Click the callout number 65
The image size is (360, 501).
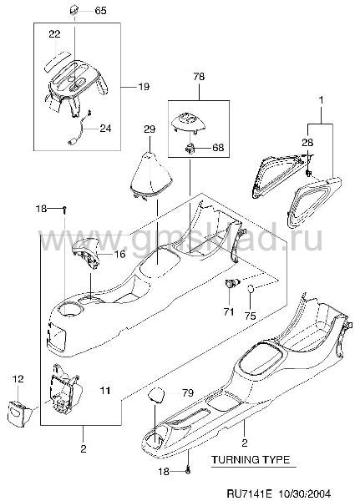[100, 11]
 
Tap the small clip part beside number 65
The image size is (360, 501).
[74, 12]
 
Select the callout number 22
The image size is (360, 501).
[54, 34]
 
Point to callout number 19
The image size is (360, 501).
[145, 87]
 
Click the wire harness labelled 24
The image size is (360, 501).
[79, 129]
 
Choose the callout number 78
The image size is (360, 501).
[199, 77]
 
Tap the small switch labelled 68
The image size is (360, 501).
[190, 148]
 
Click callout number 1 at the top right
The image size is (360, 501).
[321, 100]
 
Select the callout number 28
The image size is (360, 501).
[307, 142]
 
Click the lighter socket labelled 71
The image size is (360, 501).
[232, 282]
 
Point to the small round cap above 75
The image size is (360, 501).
[251, 289]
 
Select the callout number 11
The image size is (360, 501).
[104, 391]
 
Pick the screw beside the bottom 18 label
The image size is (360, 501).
[188, 471]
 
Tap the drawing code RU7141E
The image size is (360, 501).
[245, 493]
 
